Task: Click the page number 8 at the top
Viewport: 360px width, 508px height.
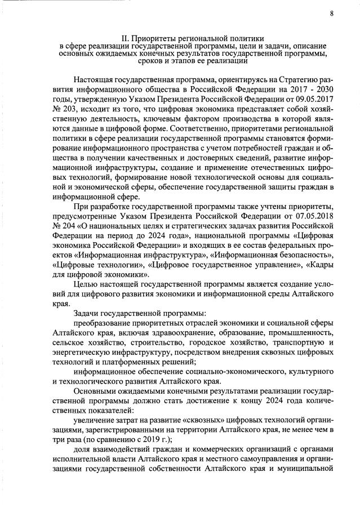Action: (332, 13)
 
